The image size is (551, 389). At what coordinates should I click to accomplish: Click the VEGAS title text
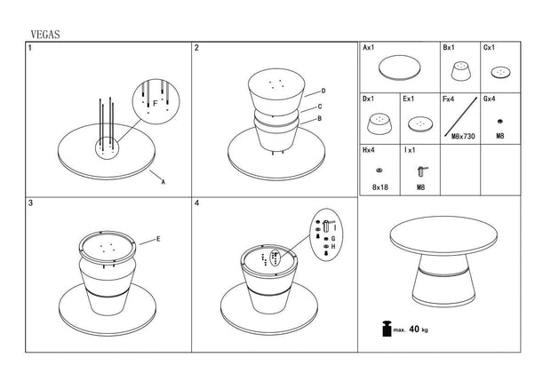(x=44, y=33)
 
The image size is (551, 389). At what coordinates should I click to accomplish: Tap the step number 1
(x=30, y=48)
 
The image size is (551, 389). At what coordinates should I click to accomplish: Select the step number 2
(x=197, y=48)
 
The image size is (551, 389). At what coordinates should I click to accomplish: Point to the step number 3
(x=31, y=203)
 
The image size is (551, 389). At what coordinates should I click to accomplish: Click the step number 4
(x=197, y=203)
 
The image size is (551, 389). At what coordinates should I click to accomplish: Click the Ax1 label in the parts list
(x=370, y=47)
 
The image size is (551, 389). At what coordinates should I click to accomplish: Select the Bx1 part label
(x=448, y=47)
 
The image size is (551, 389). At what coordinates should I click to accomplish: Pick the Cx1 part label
(x=489, y=47)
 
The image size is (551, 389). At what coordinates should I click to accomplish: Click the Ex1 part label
(x=410, y=99)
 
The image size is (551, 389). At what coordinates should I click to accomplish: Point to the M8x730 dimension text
(x=464, y=136)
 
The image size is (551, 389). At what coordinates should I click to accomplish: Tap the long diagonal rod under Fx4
(x=461, y=115)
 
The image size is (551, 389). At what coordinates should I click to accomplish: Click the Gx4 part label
(x=490, y=99)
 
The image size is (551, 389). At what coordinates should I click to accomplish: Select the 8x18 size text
(x=380, y=187)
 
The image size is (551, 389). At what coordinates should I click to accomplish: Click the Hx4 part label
(x=370, y=150)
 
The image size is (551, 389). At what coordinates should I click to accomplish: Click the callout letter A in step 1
(x=163, y=181)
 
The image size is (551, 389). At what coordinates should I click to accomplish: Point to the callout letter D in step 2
(x=323, y=91)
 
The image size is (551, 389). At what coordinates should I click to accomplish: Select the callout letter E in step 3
(x=158, y=238)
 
